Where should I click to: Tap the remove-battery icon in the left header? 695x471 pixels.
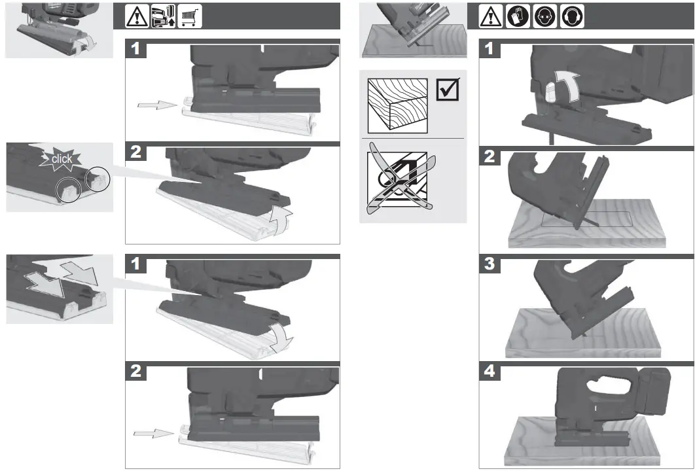164,16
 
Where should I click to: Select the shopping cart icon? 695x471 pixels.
190,16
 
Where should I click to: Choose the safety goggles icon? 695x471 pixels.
544,16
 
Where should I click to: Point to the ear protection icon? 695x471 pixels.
571,16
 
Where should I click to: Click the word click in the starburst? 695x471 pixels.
62,159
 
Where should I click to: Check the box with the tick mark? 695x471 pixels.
448,90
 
